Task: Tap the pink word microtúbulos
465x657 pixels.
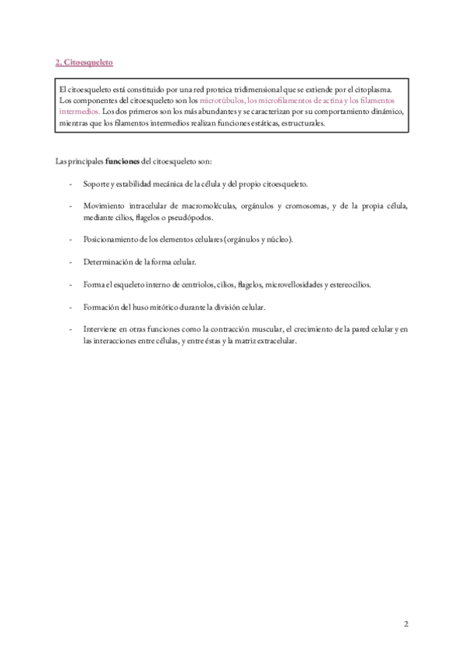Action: [222, 101]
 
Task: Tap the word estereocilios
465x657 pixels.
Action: [347, 285]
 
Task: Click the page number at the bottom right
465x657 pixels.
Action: [405, 624]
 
